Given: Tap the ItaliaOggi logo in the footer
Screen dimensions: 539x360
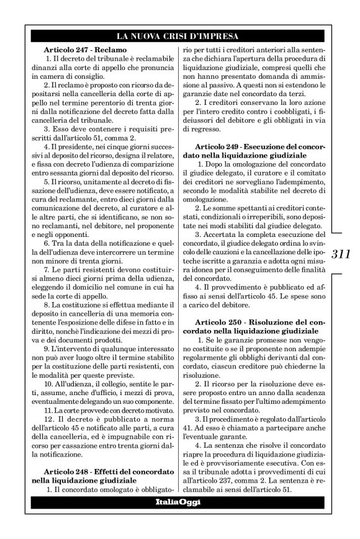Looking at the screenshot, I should pyautogui.click(x=178, y=501).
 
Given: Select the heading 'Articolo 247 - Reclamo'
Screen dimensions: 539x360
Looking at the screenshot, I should pyautogui.click(x=85, y=48).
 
